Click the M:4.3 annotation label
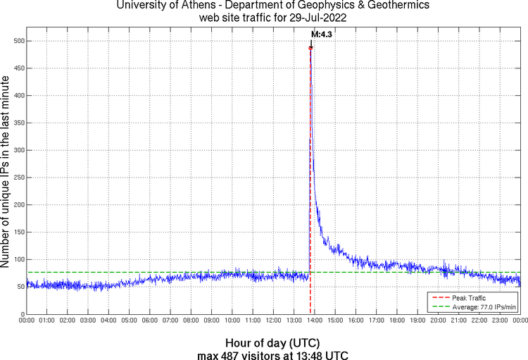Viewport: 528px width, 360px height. pyautogui.click(x=322, y=34)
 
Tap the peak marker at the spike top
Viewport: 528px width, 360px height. pyautogui.click(x=310, y=48)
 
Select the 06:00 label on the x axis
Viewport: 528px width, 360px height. pyautogui.click(x=150, y=321)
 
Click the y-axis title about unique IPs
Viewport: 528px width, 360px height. pyautogui.click(x=6, y=173)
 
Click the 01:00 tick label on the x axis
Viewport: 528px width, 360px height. pyautogui.click(x=47, y=321)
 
